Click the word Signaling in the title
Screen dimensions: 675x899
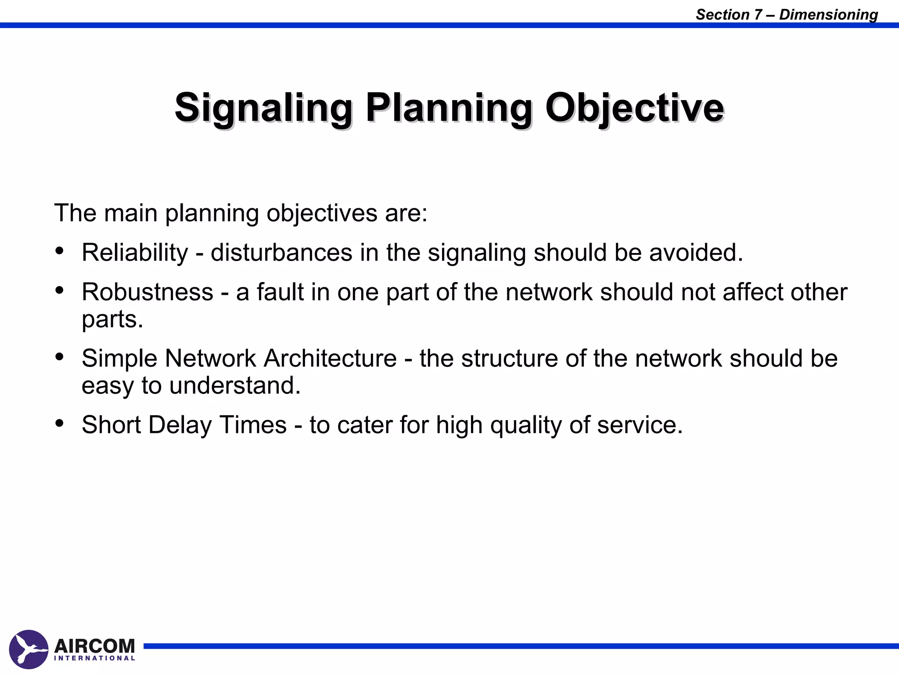tap(263, 108)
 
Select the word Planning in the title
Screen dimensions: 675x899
tap(449, 108)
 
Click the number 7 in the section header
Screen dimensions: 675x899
tap(758, 15)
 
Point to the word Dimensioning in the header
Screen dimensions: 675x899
tap(828, 15)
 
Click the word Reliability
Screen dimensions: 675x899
tap(135, 253)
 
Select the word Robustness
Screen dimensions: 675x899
tap(147, 292)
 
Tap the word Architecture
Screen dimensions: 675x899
tap(330, 358)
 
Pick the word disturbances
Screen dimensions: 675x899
tap(281, 253)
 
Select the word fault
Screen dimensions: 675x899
tap(280, 292)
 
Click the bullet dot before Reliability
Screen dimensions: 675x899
tap(60, 251)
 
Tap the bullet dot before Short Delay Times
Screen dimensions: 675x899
tap(60, 423)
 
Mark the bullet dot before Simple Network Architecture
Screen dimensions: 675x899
tap(60, 356)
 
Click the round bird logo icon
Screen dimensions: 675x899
tap(29, 650)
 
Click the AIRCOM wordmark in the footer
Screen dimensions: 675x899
tap(94, 646)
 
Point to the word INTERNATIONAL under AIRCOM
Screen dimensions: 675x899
tap(94, 658)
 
